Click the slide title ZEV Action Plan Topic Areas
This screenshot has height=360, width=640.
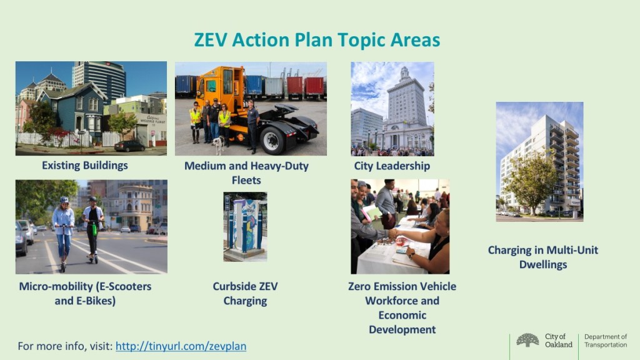(x=317, y=40)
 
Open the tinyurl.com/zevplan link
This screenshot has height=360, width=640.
(x=181, y=346)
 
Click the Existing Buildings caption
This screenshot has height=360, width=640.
(x=85, y=165)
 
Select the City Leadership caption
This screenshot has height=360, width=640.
(x=392, y=166)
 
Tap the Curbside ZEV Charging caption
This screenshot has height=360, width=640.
(x=245, y=294)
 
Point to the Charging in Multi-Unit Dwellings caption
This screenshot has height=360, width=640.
(x=543, y=257)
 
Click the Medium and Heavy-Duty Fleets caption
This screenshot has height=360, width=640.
(x=246, y=172)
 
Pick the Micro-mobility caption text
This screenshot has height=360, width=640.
(x=85, y=294)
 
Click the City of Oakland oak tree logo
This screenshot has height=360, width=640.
(x=527, y=340)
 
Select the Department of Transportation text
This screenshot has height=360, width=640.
(x=606, y=341)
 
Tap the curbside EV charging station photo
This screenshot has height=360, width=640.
(x=245, y=226)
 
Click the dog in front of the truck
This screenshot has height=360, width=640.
(x=219, y=145)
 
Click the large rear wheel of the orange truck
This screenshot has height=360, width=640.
(x=272, y=140)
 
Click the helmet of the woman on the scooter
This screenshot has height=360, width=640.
(x=64, y=200)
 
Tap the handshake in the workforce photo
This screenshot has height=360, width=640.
(x=392, y=234)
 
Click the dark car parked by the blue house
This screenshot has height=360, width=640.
(x=129, y=146)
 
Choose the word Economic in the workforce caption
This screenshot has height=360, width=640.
(x=402, y=315)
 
